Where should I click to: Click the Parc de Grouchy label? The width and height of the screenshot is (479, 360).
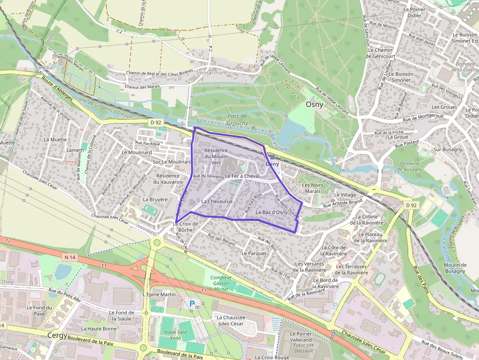(x=238, y=120)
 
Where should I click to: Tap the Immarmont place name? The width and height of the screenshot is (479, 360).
(x=212, y=73)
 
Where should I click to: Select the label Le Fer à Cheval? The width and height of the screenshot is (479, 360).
(x=242, y=176)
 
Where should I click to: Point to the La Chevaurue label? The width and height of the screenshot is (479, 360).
(x=217, y=201)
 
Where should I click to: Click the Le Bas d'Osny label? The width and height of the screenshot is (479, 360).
(x=271, y=212)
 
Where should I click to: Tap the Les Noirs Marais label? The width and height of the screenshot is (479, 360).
(x=312, y=188)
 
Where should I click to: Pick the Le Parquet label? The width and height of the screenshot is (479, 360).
(x=254, y=254)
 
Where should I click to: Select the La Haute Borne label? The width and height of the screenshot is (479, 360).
(x=99, y=329)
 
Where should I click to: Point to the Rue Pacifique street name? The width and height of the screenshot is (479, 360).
(x=148, y=144)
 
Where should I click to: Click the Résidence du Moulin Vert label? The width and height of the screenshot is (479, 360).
(x=216, y=156)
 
